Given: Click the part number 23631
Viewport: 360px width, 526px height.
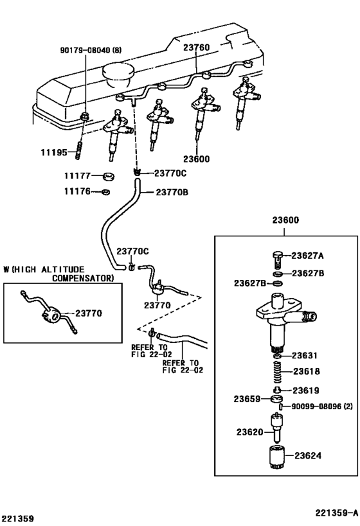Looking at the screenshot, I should (305, 355).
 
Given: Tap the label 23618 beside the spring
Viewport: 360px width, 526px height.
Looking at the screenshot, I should (307, 371).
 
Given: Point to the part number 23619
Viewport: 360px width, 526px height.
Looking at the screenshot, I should (307, 390).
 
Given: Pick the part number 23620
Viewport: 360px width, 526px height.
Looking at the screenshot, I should (248, 432).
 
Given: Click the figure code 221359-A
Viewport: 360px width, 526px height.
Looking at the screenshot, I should (336, 513).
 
